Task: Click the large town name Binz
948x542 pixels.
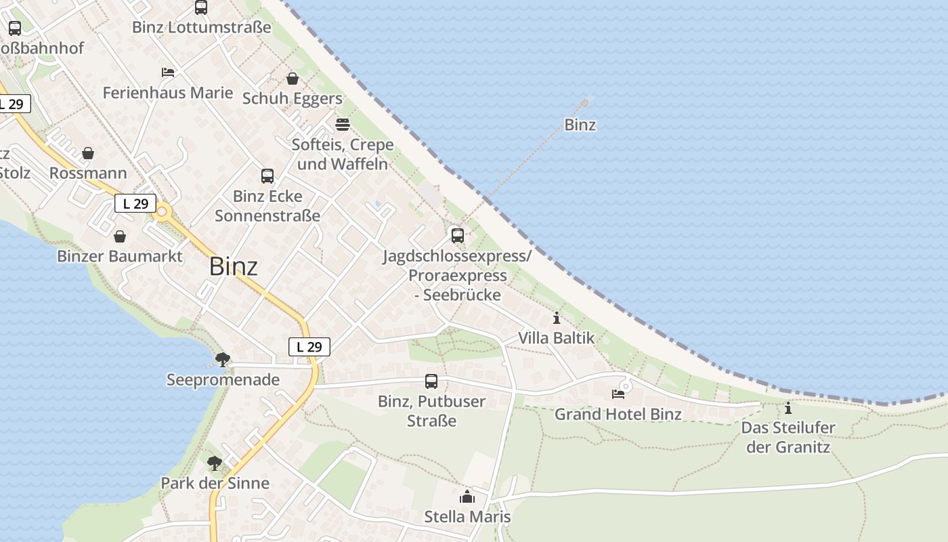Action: pos(233,266)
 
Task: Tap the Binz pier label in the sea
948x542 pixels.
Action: pos(580,125)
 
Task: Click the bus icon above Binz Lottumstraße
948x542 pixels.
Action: pos(201,7)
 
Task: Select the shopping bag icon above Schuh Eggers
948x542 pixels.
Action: pos(293,79)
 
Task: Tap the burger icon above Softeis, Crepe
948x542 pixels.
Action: pos(342,125)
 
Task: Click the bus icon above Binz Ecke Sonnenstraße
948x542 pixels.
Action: pos(267,176)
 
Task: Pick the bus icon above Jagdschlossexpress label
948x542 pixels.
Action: pos(458,236)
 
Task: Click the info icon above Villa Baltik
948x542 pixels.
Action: pos(557,318)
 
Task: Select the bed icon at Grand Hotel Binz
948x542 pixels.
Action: pos(618,394)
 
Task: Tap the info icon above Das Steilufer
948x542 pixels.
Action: pos(788,408)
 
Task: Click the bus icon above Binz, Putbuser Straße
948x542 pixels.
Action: pos(431,381)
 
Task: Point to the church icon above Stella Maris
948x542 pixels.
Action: pos(467,497)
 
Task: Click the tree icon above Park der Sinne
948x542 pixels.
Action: pos(215,463)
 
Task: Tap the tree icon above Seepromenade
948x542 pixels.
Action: pos(222,360)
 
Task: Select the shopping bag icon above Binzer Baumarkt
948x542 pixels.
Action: pos(120,236)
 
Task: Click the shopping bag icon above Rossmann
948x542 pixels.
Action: pos(88,153)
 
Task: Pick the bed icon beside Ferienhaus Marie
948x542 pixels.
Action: pos(168,72)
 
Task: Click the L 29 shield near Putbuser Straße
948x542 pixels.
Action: pos(309,347)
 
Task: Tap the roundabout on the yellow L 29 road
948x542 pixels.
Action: pos(162,213)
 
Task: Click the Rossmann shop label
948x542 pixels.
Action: pos(88,173)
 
